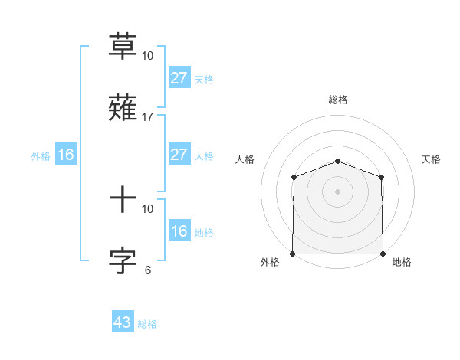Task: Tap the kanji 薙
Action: [123, 108]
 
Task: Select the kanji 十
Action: [123, 200]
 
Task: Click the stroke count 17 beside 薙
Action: [148, 117]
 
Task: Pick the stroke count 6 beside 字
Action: [148, 270]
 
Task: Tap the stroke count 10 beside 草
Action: [148, 56]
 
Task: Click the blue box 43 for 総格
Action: [123, 322]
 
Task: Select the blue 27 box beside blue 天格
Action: [179, 78]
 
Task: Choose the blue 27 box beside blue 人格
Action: [179, 155]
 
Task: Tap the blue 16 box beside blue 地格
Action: [179, 231]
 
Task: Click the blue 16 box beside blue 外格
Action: [66, 155]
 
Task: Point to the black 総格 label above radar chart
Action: [338, 100]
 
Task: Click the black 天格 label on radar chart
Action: [432, 159]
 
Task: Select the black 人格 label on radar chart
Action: [245, 159]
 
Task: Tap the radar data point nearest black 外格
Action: [293, 254]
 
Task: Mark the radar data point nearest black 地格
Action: [383, 254]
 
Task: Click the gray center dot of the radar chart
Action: [338, 191]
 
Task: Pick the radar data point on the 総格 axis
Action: [338, 161]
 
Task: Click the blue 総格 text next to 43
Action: [147, 324]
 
